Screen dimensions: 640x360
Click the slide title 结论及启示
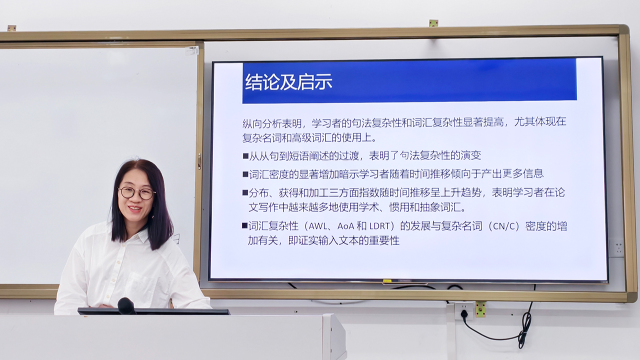click(x=288, y=82)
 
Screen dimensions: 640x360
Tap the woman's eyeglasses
click(x=137, y=193)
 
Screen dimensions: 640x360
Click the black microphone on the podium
click(x=126, y=305)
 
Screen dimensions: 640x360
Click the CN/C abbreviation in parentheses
click(x=505, y=226)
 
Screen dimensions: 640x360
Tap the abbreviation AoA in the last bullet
click(x=345, y=226)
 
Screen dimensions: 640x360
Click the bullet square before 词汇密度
click(x=245, y=174)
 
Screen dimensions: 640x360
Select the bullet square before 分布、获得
click(x=245, y=193)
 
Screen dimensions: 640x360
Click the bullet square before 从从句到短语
click(x=245, y=156)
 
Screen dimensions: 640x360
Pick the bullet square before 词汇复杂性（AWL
click(x=244, y=225)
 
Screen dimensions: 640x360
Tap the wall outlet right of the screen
click(x=616, y=248)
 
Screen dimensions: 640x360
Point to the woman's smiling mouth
click(x=135, y=209)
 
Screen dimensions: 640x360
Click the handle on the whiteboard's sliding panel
click(x=199, y=161)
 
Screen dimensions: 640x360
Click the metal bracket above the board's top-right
click(x=433, y=23)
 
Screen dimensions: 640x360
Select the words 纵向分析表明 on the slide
click(x=272, y=123)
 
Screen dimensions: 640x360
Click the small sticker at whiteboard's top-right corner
click(x=191, y=50)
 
